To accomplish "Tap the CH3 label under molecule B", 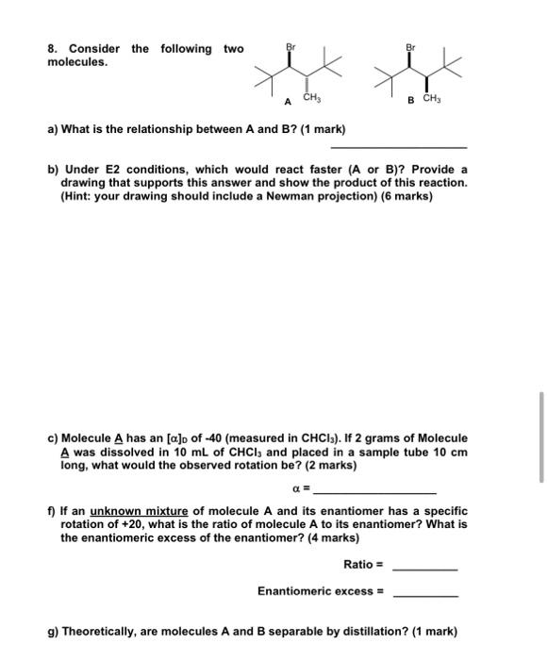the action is click(x=431, y=98).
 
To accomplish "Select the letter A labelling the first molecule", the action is click(x=288, y=99).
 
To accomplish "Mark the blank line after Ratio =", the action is click(x=424, y=569).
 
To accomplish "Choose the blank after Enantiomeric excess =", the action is click(x=424, y=595).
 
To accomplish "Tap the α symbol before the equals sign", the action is click(x=296, y=491).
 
